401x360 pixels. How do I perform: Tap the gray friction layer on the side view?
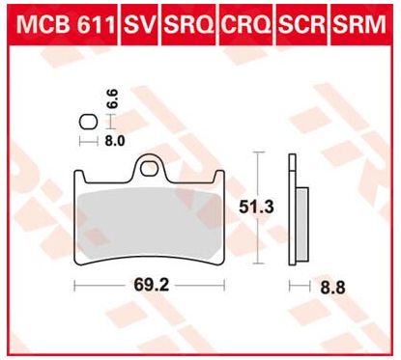(301, 222)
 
